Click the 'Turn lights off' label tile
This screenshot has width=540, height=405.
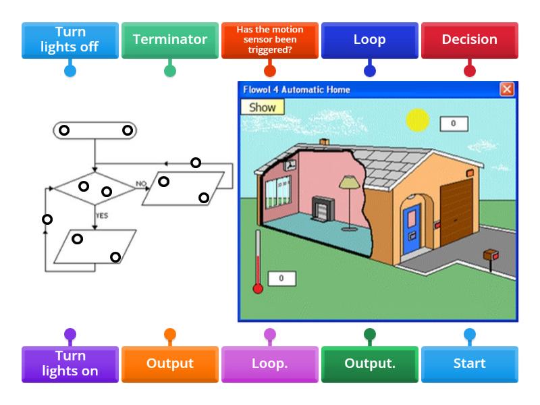coord(70,40)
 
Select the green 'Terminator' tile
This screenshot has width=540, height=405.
coord(169,40)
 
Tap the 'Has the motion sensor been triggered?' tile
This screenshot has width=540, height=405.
coord(269,40)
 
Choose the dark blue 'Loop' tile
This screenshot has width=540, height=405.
coord(369,40)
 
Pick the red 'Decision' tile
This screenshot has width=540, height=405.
coord(469,40)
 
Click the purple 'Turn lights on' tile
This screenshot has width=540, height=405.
coord(70,364)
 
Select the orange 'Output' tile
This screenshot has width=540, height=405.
coord(169,364)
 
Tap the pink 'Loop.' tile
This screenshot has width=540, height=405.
coord(269,364)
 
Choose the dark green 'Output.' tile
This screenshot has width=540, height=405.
coord(369,364)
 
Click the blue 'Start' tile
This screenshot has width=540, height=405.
coord(469,364)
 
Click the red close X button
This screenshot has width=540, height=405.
coord(506,90)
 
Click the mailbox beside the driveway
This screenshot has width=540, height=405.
coord(491,256)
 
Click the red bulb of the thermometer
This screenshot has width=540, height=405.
coord(257,289)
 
